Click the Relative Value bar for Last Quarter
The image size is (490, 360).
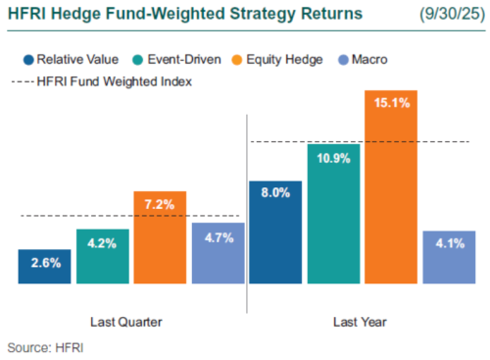[x=44, y=266]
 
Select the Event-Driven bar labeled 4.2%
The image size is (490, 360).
[x=102, y=257]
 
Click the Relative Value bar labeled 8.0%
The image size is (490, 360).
[x=275, y=231]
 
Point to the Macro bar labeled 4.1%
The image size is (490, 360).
[x=449, y=257]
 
